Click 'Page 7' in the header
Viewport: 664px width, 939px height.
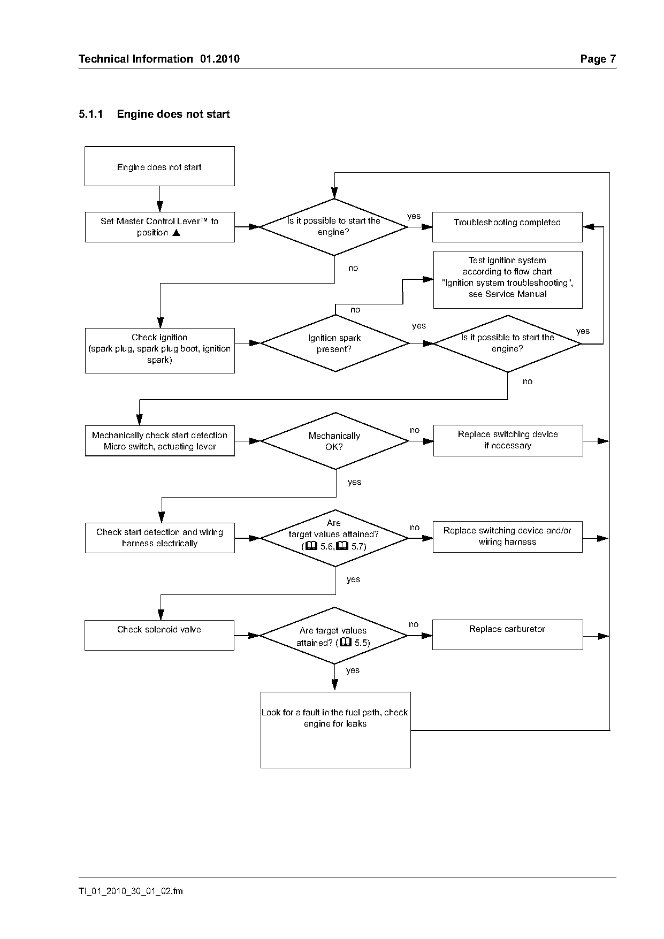coord(598,59)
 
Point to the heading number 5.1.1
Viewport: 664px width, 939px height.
coord(90,114)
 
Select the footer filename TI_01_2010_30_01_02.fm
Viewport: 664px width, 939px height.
coord(131,891)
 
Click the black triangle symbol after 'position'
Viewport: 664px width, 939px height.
coord(176,233)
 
